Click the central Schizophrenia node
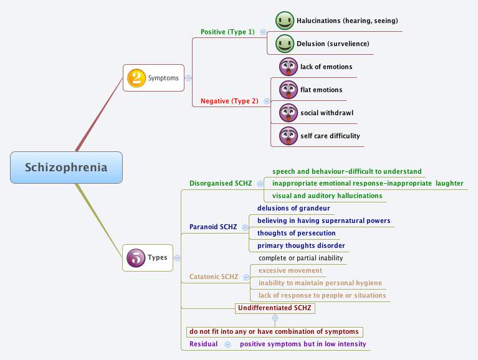[66, 168]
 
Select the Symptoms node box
[153, 78]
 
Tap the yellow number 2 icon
[136, 78]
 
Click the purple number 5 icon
[136, 257]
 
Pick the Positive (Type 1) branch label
[227, 32]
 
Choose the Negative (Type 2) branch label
[229, 101]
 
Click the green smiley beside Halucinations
[285, 21]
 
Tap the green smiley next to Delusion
[285, 44]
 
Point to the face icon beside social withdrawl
[288, 113]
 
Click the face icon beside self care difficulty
[288, 136]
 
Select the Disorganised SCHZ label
[221, 183]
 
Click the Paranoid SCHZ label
[213, 227]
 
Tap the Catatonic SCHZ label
[214, 277]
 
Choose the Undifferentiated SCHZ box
[275, 308]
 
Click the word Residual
[203, 344]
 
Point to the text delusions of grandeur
[294, 208]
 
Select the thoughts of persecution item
[296, 233]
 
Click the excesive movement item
[290, 270]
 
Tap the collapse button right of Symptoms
[189, 78]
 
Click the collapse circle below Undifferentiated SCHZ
[275, 318]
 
